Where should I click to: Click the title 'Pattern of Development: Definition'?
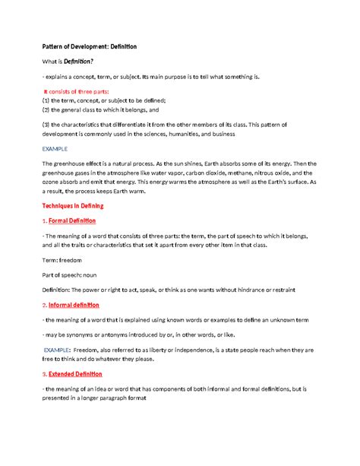point(89,46)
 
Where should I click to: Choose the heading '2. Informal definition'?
point(73,305)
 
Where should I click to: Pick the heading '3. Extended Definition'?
point(73,374)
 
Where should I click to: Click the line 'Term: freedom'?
point(62,259)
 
